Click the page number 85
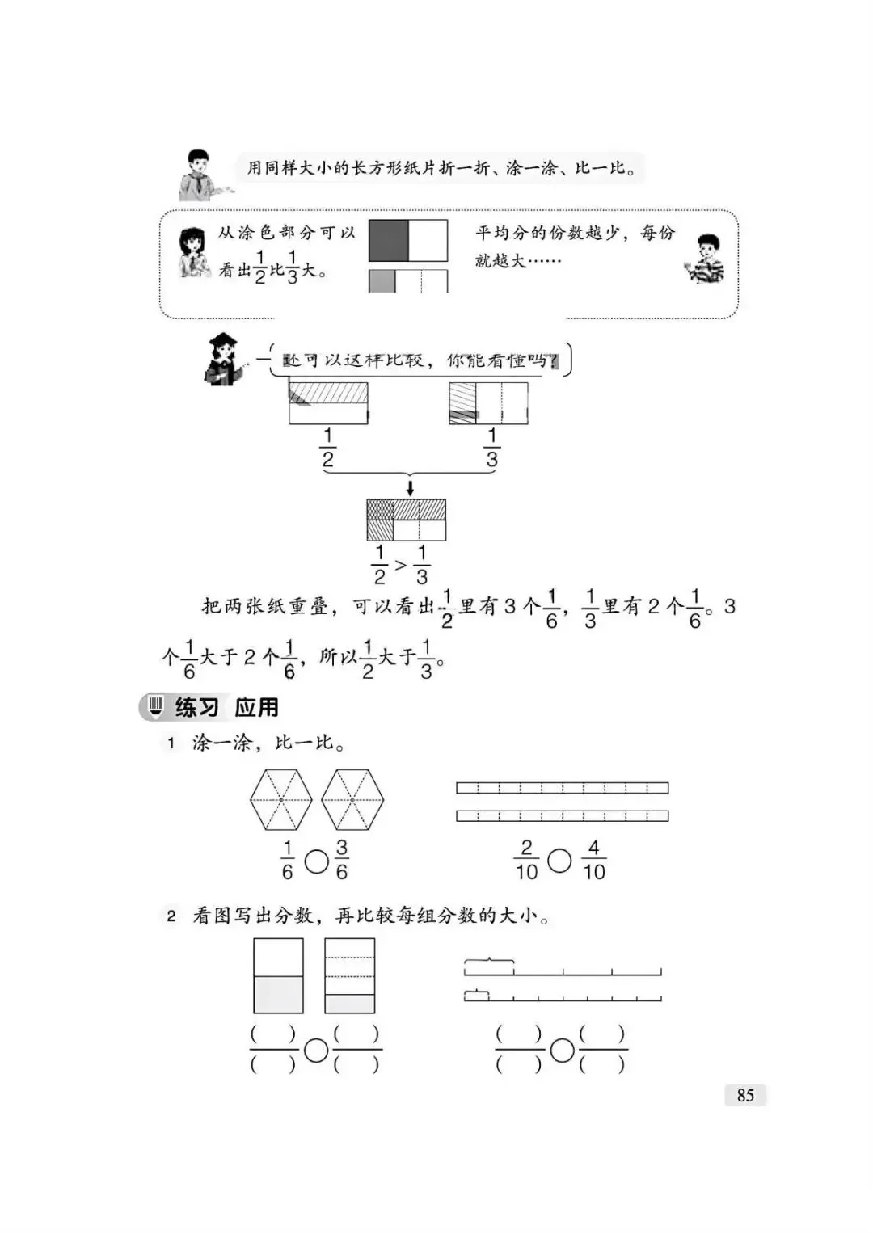745,1095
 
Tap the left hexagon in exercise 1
280,799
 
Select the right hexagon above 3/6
352,799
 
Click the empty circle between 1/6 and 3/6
316,861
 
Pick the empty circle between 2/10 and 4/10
559,861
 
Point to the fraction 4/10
593,860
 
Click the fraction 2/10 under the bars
526,860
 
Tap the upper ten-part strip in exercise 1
562,788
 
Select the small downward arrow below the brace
410,487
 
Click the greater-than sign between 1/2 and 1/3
400,565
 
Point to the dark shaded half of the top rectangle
389,241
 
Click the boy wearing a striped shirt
705,259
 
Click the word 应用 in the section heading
256,708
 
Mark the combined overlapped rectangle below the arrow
406,520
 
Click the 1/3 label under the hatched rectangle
491,449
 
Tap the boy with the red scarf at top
197,174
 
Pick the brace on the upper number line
489,961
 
